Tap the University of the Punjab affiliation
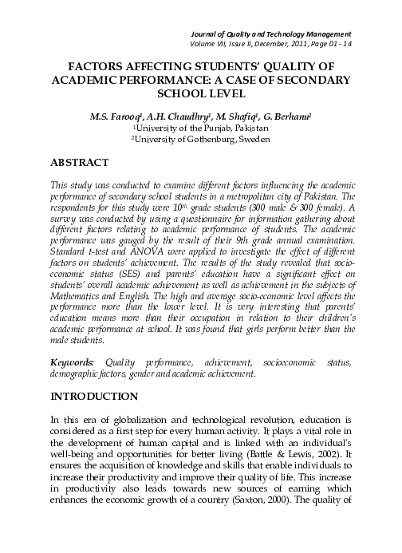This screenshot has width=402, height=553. coord(202,127)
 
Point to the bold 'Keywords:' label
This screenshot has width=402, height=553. coord(70,362)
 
